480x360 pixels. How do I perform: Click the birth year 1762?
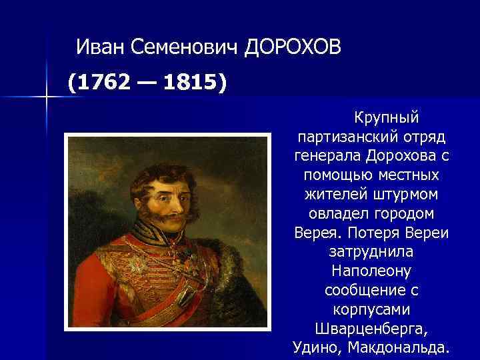click(x=99, y=84)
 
